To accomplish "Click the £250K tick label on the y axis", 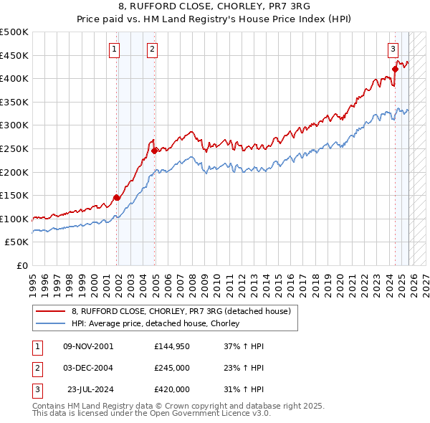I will (14, 148).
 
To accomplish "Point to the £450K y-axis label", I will (14, 55).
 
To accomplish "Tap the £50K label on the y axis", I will (16, 242).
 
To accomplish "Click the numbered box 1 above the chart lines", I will (115, 49).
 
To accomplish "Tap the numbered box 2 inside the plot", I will (153, 49).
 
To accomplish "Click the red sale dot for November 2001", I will (116, 198).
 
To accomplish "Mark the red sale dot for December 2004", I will (154, 151).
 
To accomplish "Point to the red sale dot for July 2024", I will (395, 70).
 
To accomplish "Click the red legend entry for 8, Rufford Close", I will (181, 311).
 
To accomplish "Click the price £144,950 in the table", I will (171, 346).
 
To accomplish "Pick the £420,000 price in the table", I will (171, 389).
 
